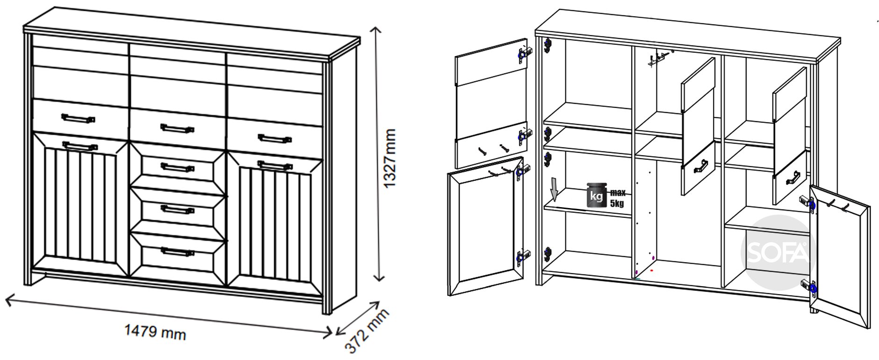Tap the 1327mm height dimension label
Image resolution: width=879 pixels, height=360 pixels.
tap(389, 158)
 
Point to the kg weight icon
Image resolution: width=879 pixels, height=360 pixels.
tap(597, 195)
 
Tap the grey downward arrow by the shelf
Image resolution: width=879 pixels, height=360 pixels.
tap(555, 189)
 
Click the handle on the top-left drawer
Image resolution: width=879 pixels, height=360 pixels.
tap(78, 118)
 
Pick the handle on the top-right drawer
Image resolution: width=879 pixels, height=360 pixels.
tap(275, 138)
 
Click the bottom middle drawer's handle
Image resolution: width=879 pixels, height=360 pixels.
tap(177, 252)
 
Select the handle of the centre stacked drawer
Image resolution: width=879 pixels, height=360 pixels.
tap(177, 208)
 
